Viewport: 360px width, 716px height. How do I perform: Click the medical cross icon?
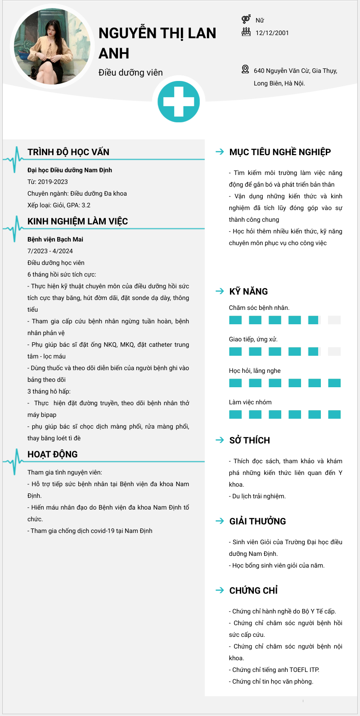179,102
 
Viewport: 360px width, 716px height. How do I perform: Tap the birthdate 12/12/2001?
272,33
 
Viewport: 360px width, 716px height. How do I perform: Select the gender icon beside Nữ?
246,19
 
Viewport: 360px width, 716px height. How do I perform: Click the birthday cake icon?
246,32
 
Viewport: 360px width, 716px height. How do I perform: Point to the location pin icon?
245,69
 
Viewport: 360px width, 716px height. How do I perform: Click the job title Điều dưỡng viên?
130,72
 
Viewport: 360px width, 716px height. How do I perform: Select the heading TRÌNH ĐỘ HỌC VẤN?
68,152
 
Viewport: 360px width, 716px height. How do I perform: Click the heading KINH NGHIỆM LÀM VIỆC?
77,221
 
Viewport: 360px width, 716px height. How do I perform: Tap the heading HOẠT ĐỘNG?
53,454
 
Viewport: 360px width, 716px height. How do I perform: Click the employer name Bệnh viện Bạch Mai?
55,239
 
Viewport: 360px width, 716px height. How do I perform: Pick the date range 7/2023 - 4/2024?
50,251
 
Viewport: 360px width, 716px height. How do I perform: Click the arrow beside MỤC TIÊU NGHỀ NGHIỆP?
220,152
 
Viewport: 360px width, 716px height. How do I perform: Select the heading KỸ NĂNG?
248,291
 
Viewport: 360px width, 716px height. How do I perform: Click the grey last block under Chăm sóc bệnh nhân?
334,320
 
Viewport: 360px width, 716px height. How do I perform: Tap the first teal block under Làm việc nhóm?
235,415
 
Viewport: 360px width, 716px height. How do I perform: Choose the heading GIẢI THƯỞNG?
257,521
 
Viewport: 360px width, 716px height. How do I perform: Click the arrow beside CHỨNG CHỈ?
220,591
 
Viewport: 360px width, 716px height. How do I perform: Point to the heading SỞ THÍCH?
250,440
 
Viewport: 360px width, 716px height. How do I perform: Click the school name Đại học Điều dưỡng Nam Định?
70,170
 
